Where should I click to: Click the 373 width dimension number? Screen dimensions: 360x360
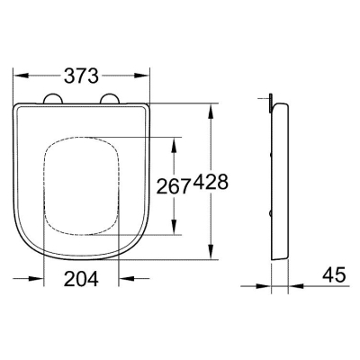pyautogui.click(x=81, y=76)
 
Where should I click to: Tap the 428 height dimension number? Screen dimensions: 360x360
pyautogui.click(x=211, y=182)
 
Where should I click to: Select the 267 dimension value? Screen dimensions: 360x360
pyautogui.click(x=175, y=186)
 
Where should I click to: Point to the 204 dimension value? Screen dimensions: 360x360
pyautogui.click(x=81, y=279)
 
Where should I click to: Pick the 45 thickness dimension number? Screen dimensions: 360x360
pyautogui.click(x=334, y=274)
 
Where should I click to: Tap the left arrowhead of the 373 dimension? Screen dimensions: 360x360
pyautogui.click(x=22, y=76)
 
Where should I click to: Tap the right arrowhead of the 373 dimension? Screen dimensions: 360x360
pyautogui.click(x=141, y=76)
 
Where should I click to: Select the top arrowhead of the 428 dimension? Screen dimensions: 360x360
pyautogui.click(x=211, y=111)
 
